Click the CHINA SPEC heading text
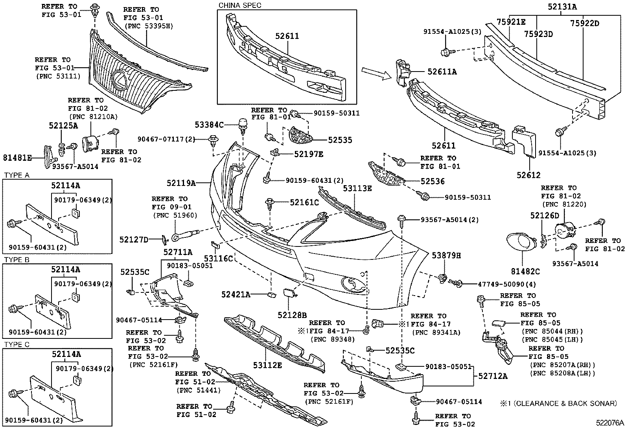click(x=239, y=5)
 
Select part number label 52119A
click(x=181, y=183)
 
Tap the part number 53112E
click(x=267, y=365)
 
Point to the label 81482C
click(x=525, y=271)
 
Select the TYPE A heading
click(x=17, y=175)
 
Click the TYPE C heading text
click(x=17, y=344)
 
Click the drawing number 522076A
click(x=609, y=423)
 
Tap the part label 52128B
click(x=291, y=315)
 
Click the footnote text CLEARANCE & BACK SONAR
click(x=562, y=403)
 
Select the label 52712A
click(x=493, y=376)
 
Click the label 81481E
click(x=17, y=158)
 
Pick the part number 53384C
click(x=209, y=125)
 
